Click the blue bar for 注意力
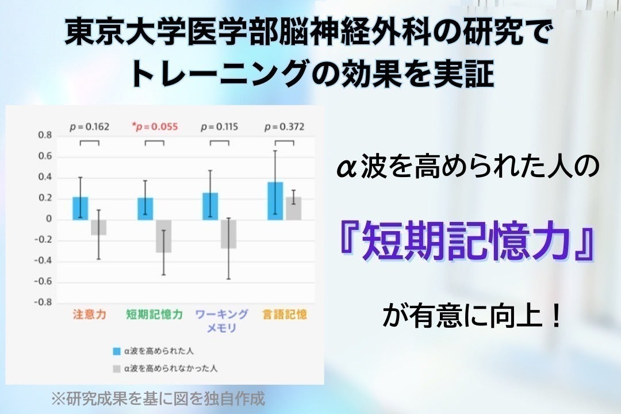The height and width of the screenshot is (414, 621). pos(80,208)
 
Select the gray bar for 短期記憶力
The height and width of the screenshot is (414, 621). pos(164,236)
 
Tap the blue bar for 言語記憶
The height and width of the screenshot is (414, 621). pos(275,201)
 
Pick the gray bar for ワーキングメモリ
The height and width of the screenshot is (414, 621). pos(229,233)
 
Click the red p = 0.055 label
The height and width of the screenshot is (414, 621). pos(155,126)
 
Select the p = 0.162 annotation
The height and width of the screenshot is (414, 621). pos(89,126)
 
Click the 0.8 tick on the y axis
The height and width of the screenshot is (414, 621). pos(45,136)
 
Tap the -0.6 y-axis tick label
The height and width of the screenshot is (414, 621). pos(43,282)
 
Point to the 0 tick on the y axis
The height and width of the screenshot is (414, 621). pos(49,220)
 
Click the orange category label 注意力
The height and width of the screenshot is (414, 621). pos(89,315)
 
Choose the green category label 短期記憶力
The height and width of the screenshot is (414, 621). pos(155,315)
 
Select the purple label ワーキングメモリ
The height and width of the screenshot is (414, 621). pos(221,321)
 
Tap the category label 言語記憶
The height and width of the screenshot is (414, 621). pos(285,315)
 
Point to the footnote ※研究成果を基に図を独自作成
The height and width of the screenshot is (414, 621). pos(158,398)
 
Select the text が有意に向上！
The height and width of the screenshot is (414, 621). pos(471,317)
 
